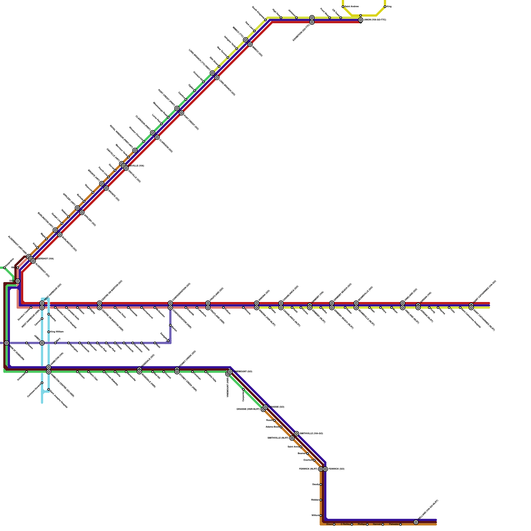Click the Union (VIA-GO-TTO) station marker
360,20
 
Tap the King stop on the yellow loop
385,7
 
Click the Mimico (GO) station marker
250,44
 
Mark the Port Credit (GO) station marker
182,113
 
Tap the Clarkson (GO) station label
166,146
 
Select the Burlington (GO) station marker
60,235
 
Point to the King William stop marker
48,332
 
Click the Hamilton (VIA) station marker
48,367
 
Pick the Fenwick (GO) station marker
325,469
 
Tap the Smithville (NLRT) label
278,438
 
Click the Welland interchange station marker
416,522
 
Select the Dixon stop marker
334,524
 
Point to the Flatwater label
394,524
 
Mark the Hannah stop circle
383,524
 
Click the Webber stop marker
321,500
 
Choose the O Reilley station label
345,524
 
